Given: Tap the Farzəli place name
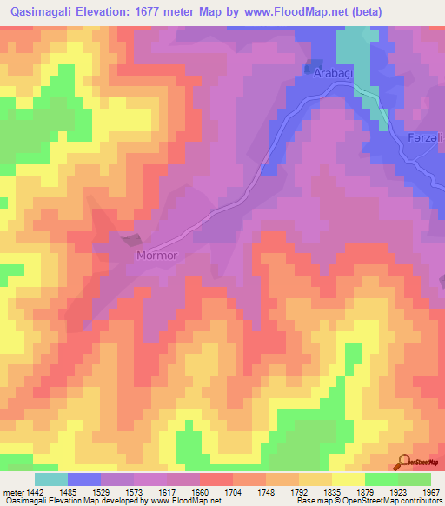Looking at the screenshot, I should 425,139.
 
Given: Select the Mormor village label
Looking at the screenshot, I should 156,256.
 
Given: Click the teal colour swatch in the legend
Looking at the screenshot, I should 51,479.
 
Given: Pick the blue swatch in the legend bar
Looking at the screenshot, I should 84,479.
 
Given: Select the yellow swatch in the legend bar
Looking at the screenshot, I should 348,479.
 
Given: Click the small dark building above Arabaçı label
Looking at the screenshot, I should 309,65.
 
